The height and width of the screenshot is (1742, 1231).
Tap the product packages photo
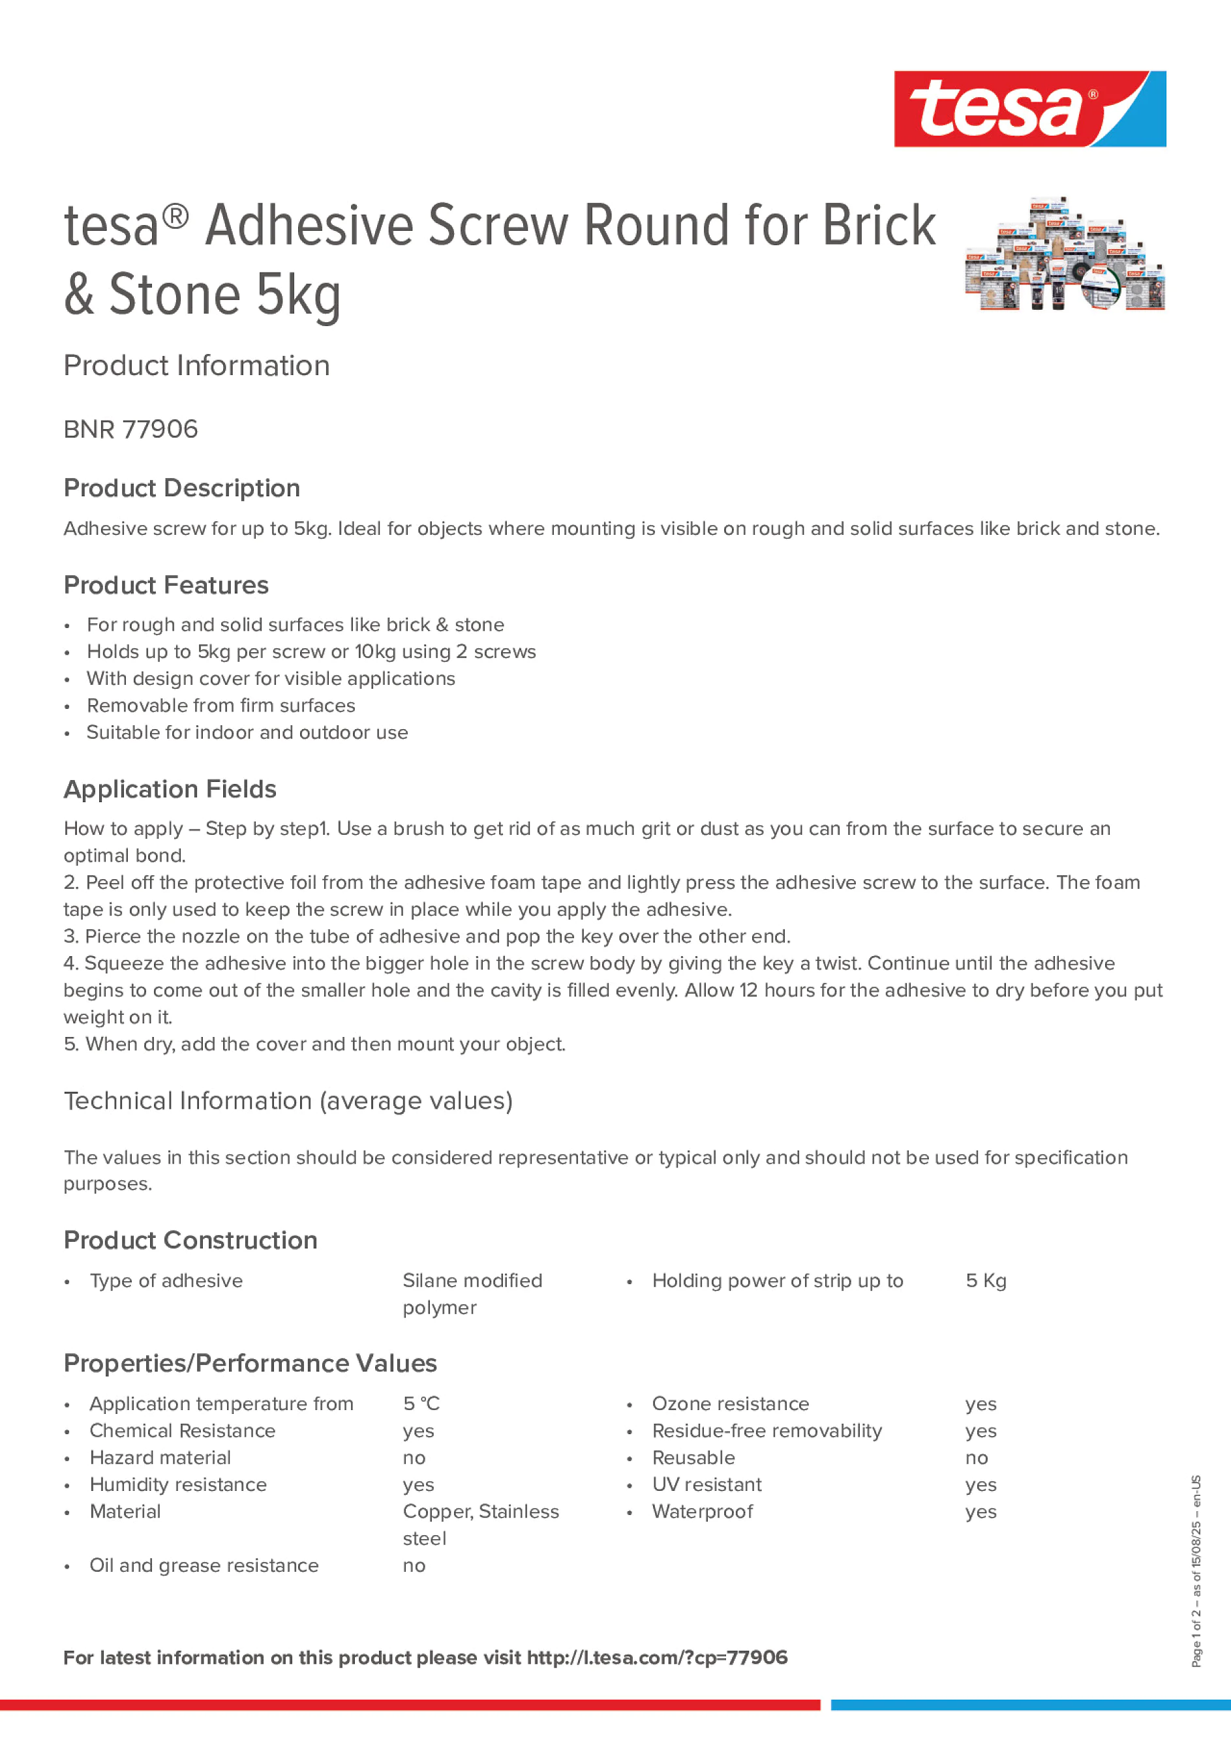(1064, 255)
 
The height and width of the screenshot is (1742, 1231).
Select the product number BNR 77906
(130, 429)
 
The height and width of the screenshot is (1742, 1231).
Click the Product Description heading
(181, 488)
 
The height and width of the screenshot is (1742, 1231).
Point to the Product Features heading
(166, 585)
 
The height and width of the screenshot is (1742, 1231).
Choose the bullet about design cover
(270, 678)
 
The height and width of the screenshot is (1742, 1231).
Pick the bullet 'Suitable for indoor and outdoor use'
(247, 732)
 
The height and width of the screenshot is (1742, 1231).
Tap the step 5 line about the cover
(314, 1044)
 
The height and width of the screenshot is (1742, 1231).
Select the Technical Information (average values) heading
(288, 1100)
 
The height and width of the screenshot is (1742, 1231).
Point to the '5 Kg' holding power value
(985, 1281)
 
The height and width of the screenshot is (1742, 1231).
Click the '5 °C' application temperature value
(421, 1404)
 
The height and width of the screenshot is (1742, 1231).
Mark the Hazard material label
(159, 1458)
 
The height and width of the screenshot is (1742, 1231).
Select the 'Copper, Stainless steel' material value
(479, 1524)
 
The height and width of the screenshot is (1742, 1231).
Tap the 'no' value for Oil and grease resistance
(414, 1565)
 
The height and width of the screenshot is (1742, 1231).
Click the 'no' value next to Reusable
(976, 1458)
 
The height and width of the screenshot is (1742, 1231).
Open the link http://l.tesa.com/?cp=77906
(656, 1658)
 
